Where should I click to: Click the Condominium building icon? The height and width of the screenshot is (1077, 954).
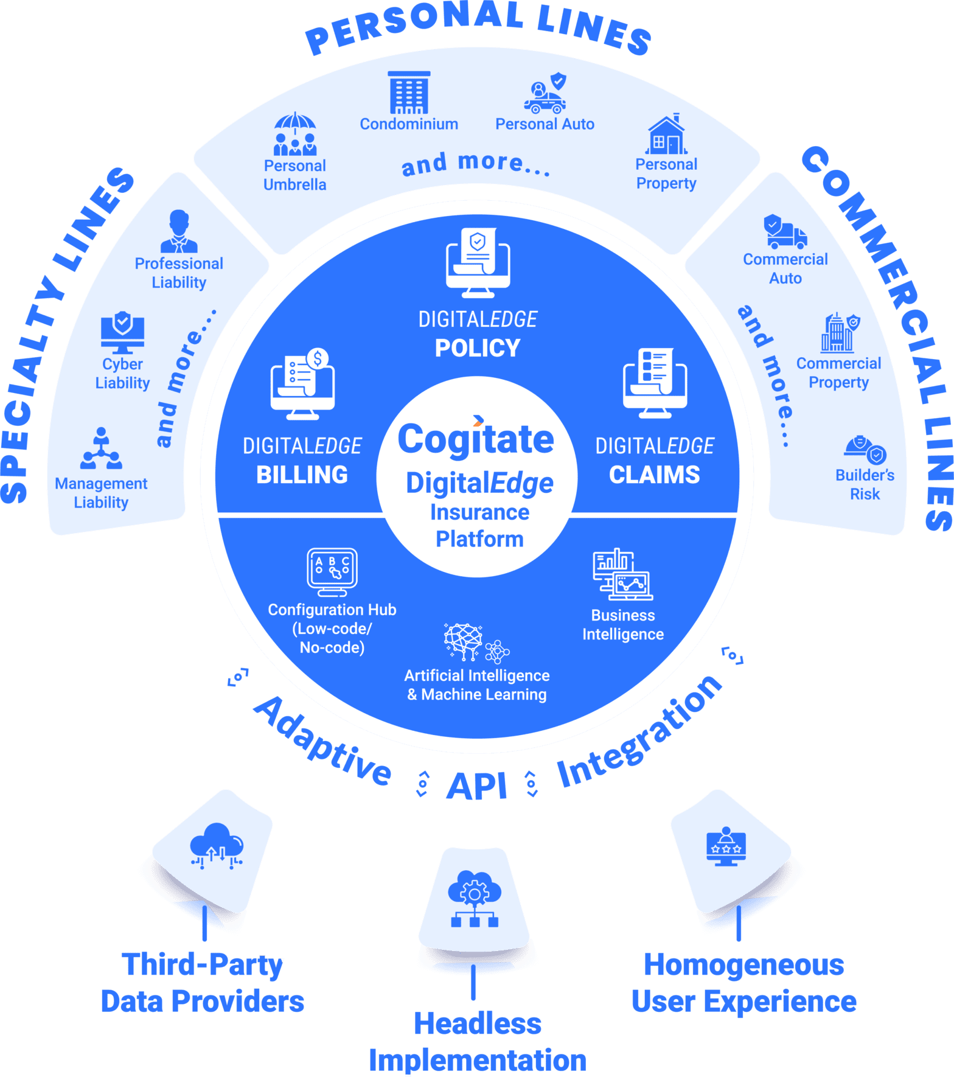[409, 92]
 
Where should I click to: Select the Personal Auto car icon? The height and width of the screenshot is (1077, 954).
[545, 94]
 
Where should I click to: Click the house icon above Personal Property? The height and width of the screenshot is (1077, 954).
[666, 135]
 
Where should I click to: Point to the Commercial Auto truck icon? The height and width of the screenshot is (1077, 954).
[785, 232]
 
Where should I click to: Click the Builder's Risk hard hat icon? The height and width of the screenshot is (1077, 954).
[865, 449]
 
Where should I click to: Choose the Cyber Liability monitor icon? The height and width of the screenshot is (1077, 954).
[122, 333]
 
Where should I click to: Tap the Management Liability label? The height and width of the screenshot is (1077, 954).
[101, 493]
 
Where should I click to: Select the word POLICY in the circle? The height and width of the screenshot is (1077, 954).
[478, 348]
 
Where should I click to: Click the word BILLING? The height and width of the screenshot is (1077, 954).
[302, 475]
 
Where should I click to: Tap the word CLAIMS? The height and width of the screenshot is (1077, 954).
[655, 475]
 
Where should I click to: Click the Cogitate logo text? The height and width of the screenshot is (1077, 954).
[476, 439]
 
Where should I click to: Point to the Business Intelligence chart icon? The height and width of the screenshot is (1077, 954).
[622, 574]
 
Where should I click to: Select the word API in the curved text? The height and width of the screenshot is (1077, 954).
[477, 786]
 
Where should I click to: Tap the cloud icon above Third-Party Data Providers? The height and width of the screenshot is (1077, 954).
[217, 846]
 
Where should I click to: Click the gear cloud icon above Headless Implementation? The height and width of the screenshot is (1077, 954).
[475, 897]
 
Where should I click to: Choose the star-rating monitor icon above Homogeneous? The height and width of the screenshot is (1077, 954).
[726, 846]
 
